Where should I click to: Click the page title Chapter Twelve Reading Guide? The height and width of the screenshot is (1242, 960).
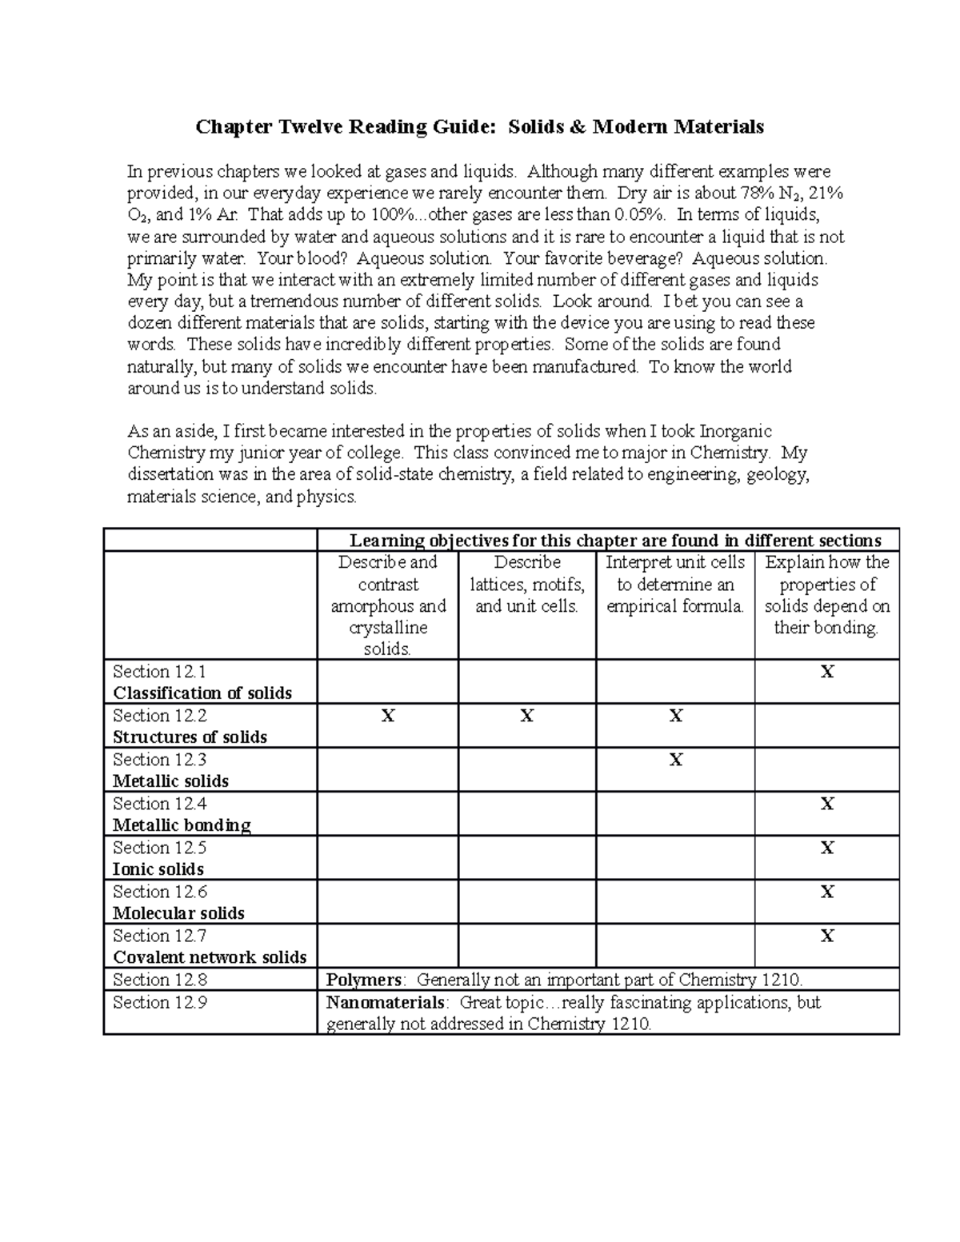tap(480, 127)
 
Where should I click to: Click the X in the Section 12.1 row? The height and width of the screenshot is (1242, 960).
tap(827, 673)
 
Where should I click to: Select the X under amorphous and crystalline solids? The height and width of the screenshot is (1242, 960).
tap(388, 717)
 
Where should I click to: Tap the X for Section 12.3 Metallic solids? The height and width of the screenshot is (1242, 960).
tap(676, 761)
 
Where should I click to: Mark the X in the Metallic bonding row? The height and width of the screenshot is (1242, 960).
tap(827, 805)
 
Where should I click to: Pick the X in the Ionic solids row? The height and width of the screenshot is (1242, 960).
tap(827, 849)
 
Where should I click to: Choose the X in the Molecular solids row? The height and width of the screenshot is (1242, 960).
tap(827, 893)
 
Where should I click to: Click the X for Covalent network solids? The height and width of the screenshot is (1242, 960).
tap(827, 936)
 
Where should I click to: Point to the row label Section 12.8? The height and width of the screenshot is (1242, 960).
tap(160, 980)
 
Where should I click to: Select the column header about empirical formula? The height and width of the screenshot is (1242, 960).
tap(675, 585)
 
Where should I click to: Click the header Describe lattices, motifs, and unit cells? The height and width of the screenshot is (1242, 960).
tap(526, 585)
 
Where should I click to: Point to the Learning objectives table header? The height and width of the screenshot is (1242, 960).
tap(615, 541)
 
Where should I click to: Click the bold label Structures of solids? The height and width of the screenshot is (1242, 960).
tap(190, 737)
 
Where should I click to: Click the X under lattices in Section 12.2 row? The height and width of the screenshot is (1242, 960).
tap(526, 717)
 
